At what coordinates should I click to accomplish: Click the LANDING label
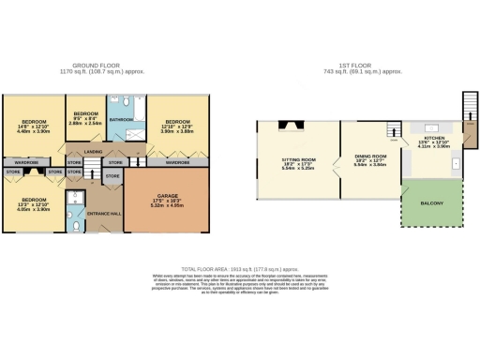click(93, 152)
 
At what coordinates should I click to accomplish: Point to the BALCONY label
click(430, 203)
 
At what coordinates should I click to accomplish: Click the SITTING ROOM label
click(298, 160)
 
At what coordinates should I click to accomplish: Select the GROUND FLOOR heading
click(105, 64)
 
